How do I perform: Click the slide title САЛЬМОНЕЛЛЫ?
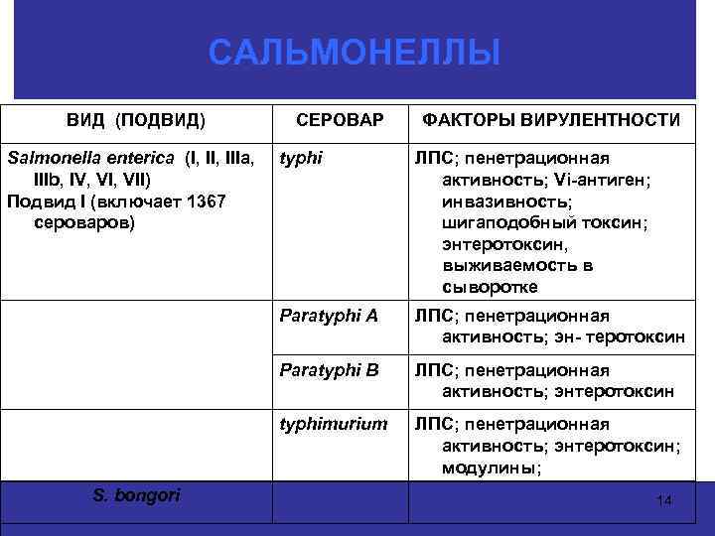click(356, 53)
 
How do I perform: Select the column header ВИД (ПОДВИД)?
click(136, 120)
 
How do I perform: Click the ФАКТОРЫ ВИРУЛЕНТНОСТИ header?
click(551, 120)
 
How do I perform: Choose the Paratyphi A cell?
click(329, 317)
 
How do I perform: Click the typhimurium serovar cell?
click(333, 424)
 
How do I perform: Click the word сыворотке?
click(490, 287)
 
